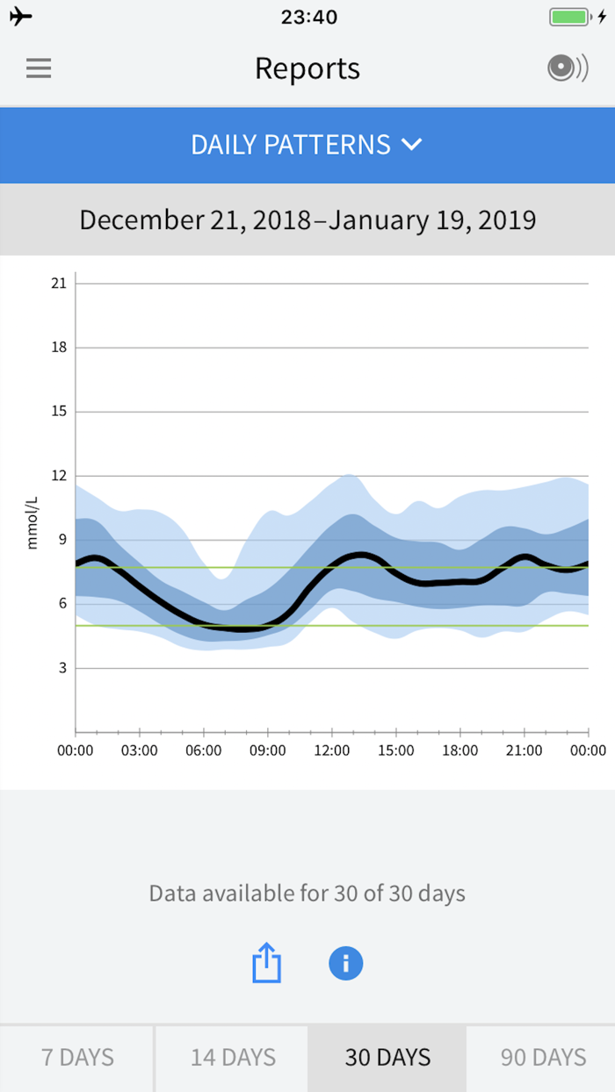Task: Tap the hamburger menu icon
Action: click(x=39, y=68)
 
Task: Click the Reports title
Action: click(x=307, y=68)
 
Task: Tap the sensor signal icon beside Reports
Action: click(x=567, y=68)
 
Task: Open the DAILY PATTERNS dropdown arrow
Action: click(x=412, y=145)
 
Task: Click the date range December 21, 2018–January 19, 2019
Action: click(x=307, y=219)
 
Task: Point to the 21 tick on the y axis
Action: click(x=59, y=283)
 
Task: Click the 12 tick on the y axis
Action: click(x=59, y=476)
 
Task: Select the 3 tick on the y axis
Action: click(x=61, y=668)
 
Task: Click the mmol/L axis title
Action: click(x=33, y=522)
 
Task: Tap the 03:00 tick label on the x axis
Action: click(x=139, y=751)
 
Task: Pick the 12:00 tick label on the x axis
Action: click(x=331, y=751)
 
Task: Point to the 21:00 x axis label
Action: click(x=524, y=751)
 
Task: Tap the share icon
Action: click(x=266, y=964)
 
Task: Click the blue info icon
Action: click(x=346, y=963)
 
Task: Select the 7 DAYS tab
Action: click(x=77, y=1057)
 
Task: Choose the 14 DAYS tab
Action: click(x=233, y=1057)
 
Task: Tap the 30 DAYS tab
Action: click(x=387, y=1057)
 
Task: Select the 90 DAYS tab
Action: click(x=543, y=1057)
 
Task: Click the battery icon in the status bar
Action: click(x=569, y=17)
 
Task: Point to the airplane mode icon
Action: click(x=21, y=17)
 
